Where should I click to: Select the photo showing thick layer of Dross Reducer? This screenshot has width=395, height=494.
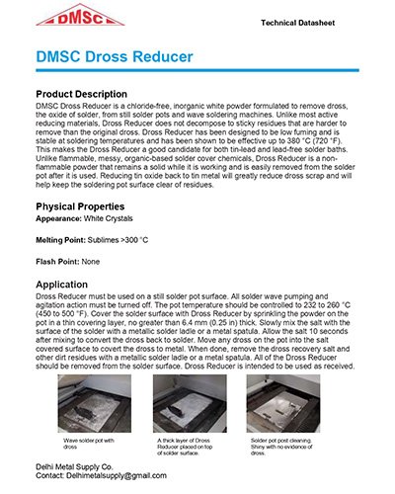pyautogui.click(x=197, y=401)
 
